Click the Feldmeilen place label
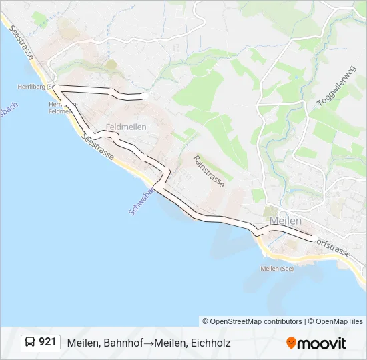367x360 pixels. (125, 127)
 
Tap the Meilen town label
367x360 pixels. (285, 221)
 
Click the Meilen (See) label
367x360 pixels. (277, 269)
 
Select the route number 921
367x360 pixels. (47, 342)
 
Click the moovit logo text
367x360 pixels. (322, 343)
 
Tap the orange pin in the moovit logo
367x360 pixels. (291, 343)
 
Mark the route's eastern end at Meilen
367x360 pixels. (311, 239)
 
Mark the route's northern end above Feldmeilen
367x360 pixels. (142, 97)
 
